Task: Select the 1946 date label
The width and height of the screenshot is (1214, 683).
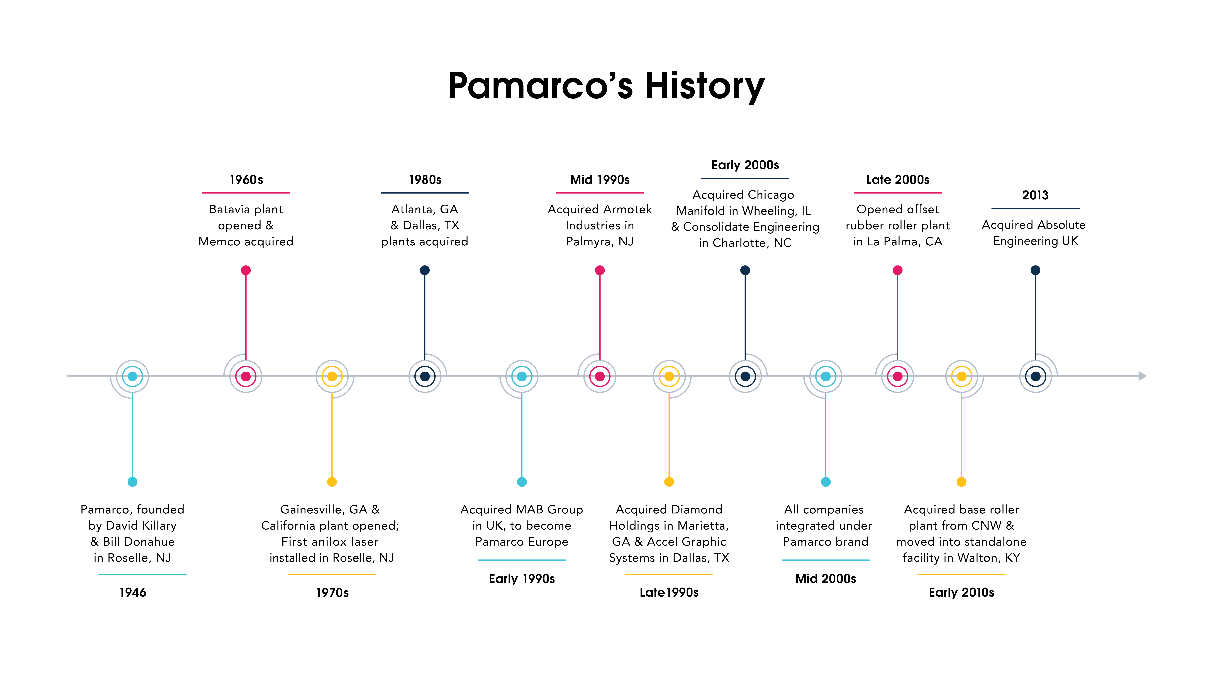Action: click(133, 593)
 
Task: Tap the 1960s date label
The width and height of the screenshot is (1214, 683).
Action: click(246, 180)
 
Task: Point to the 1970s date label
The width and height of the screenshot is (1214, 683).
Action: click(332, 593)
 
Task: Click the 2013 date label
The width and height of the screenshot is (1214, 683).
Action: click(1035, 195)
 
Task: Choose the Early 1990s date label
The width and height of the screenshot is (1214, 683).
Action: click(522, 579)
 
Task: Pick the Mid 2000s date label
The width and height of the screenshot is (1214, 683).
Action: click(826, 579)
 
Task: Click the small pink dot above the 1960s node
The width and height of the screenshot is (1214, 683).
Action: click(246, 270)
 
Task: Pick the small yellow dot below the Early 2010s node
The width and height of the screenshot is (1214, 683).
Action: click(961, 482)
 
